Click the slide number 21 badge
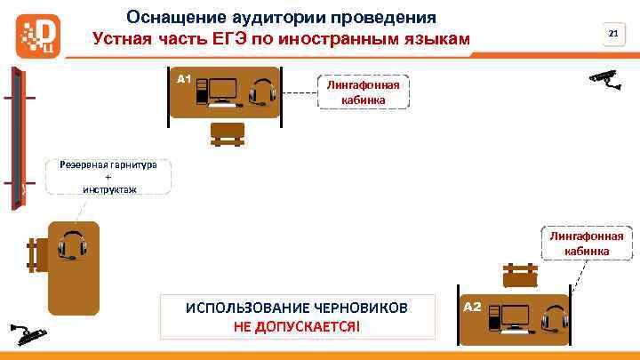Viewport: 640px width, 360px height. click(612, 34)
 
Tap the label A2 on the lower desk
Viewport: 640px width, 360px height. click(473, 307)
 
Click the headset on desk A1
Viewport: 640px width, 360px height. click(261, 92)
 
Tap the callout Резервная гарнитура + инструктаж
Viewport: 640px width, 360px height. click(108, 176)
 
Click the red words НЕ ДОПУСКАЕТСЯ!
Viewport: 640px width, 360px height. click(297, 326)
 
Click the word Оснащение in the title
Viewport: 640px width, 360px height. click(170, 17)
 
